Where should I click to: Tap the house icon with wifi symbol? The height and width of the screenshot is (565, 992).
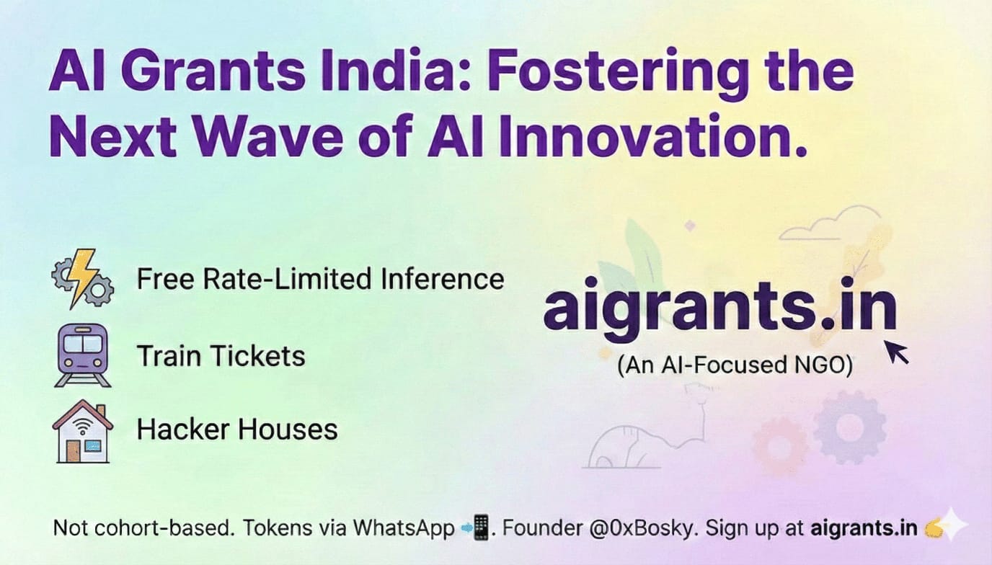pos(82,431)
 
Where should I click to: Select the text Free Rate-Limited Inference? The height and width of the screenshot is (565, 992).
pos(320,279)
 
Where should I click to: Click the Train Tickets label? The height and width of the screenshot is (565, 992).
pos(221,355)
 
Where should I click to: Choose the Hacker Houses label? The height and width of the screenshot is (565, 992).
pos(237,430)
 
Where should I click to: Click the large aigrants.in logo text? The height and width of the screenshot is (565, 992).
pos(719,310)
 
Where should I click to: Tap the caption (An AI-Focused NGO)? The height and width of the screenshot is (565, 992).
pos(735,365)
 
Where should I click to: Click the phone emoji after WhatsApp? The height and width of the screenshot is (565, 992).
pos(477,528)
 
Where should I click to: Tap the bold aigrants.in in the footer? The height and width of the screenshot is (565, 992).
pos(863,528)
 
